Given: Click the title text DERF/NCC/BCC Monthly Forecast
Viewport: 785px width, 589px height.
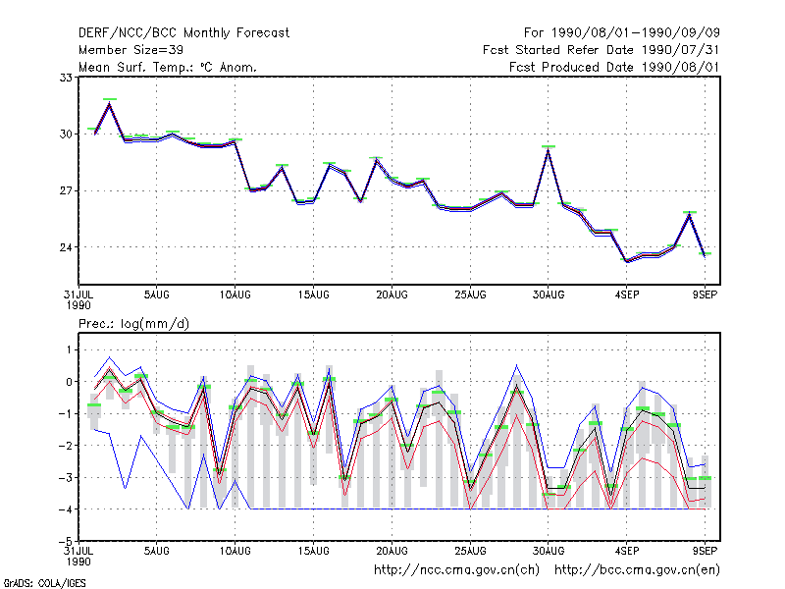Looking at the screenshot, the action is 183,33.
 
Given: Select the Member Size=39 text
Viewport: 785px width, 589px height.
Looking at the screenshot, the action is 131,50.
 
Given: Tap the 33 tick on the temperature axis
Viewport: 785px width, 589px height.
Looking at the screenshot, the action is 66,78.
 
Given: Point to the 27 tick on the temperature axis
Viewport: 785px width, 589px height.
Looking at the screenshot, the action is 66,190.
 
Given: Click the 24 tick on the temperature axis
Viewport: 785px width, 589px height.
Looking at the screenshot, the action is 66,247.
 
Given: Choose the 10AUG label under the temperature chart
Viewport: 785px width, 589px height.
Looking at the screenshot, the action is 235,294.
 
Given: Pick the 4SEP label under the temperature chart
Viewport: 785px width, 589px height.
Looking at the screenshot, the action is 627,294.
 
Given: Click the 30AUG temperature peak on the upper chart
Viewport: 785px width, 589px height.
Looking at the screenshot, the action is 549,150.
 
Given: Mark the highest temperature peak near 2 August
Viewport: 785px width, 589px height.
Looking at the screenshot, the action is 110,104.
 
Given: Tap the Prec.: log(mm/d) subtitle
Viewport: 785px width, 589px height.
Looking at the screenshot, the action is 133,324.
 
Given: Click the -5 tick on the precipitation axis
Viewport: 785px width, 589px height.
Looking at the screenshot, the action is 66,542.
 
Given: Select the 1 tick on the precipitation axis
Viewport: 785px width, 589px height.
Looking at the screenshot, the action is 69,349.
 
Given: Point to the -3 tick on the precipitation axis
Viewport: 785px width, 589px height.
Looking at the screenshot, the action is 66,477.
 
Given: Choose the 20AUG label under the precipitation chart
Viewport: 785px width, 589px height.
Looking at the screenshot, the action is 392,551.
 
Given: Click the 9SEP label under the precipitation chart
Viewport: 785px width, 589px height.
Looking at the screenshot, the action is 705,551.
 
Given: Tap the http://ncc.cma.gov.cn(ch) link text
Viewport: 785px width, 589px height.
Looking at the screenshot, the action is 456,570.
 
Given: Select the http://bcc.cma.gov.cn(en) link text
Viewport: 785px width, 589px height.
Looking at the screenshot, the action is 637,570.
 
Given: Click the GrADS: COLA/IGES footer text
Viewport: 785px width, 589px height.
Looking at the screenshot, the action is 44,583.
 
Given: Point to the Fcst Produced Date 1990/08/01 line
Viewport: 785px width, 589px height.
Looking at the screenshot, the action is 614,68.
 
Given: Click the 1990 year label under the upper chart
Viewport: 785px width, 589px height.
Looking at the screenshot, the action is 78,305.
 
